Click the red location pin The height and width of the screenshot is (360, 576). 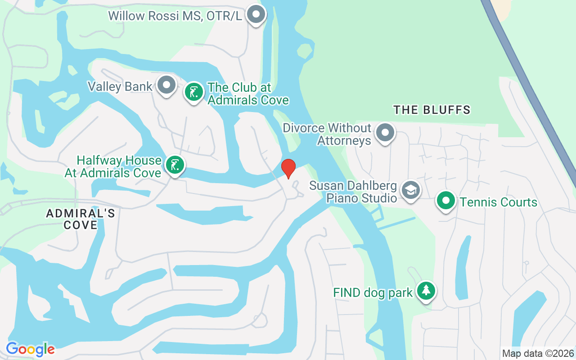coord(288,169)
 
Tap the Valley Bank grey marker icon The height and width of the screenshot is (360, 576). coord(167,85)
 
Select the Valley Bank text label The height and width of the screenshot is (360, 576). coord(120,86)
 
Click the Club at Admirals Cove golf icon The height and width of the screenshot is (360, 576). coord(194,92)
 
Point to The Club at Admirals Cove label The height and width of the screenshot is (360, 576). coord(247,94)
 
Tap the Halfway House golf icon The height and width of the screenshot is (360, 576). coord(175,165)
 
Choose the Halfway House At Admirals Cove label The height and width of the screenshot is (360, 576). coord(113,166)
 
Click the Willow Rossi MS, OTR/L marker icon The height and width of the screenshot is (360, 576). coord(256,14)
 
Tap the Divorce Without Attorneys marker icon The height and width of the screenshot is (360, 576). coord(385,133)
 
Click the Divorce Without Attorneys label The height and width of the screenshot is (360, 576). coord(327,135)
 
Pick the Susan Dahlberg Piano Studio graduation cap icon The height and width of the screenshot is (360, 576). coord(410,190)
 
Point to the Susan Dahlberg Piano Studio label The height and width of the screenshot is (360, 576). coord(353,192)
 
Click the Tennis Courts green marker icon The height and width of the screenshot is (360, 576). coord(445,201)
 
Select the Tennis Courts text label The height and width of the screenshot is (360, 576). coord(498,202)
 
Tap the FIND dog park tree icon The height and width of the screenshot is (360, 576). coord(425,291)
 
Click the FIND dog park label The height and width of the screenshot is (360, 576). coord(373,293)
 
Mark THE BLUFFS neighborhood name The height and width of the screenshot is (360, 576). coord(432,110)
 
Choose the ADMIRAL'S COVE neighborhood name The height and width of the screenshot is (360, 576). coord(81,219)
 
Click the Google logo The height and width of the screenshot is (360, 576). coord(30,349)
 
